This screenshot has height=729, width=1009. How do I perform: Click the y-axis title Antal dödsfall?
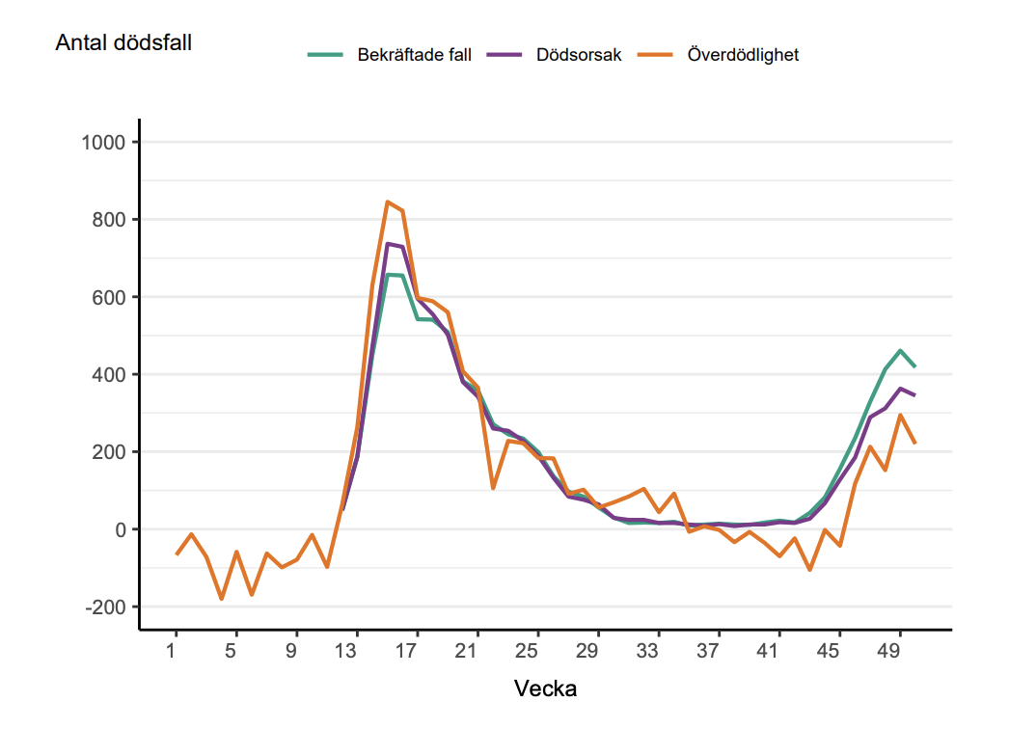pyautogui.click(x=123, y=43)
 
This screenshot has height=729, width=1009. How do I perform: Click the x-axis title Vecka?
pyautogui.click(x=546, y=688)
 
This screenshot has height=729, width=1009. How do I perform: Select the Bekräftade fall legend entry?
pyautogui.click(x=414, y=55)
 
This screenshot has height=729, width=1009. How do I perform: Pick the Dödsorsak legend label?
pyautogui.click(x=579, y=55)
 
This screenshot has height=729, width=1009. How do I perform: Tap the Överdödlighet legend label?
pyautogui.click(x=743, y=55)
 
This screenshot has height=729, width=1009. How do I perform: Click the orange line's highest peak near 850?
pyautogui.click(x=387, y=202)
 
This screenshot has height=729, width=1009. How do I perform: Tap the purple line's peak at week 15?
pyautogui.click(x=387, y=243)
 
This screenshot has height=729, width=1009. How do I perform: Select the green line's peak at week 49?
pyautogui.click(x=899, y=350)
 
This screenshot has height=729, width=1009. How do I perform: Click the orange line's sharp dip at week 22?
pyautogui.click(x=492, y=488)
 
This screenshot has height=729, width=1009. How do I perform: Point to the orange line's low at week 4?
pyautogui.click(x=221, y=599)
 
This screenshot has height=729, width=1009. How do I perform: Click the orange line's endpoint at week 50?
pyautogui.click(x=914, y=443)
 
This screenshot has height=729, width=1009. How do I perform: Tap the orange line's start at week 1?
pyautogui.click(x=176, y=554)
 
